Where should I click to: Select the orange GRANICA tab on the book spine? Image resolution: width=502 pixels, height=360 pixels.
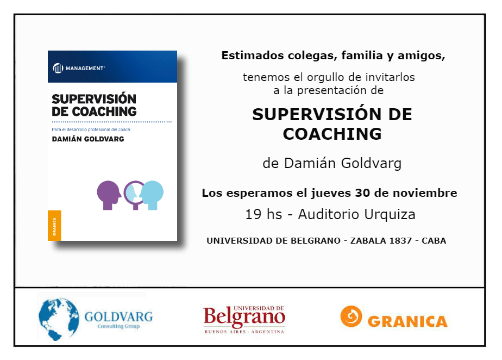pyautogui.click(x=54, y=225)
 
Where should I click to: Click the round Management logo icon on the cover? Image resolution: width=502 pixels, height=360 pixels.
pyautogui.click(x=58, y=68)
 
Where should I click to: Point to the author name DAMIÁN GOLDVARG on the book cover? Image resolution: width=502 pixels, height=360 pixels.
pyautogui.click(x=88, y=139)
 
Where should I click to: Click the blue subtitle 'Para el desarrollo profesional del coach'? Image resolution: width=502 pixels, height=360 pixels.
pyautogui.click(x=91, y=129)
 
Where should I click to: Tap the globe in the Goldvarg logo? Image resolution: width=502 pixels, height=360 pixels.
pyautogui.click(x=59, y=319)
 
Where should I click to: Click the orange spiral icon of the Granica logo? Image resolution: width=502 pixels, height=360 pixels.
pyautogui.click(x=351, y=316)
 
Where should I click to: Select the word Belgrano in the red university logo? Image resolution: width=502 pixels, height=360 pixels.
pyautogui.click(x=244, y=316)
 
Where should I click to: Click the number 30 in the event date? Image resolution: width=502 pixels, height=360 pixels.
pyautogui.click(x=363, y=193)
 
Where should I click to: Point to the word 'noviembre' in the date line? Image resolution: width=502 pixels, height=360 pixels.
pyautogui.click(x=425, y=193)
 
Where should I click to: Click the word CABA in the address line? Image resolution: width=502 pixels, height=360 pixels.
pyautogui.click(x=434, y=241)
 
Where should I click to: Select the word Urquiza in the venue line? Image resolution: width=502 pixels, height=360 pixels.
pyautogui.click(x=390, y=214)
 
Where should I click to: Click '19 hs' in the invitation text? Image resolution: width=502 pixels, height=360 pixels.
pyautogui.click(x=263, y=214)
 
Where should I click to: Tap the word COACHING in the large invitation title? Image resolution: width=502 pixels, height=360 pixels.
pyautogui.click(x=332, y=134)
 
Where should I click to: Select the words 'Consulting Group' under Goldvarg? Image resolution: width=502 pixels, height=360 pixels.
pyautogui.click(x=118, y=326)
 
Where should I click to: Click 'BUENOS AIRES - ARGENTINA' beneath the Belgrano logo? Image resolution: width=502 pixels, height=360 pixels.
pyautogui.click(x=244, y=332)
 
